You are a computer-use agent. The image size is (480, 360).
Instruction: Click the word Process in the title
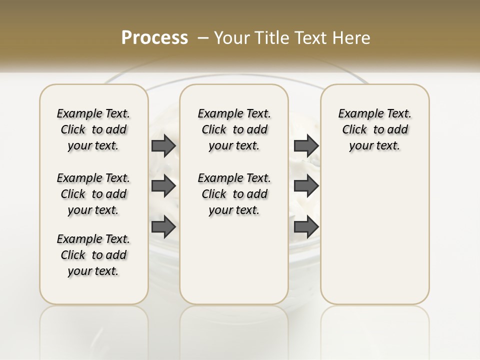click(x=154, y=37)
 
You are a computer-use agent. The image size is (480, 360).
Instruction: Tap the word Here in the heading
click(x=352, y=37)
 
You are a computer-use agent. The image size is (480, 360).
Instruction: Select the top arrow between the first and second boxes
click(x=163, y=145)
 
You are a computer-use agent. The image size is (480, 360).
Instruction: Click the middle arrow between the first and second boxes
click(x=163, y=186)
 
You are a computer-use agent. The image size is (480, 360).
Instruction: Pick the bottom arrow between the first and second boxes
click(x=163, y=227)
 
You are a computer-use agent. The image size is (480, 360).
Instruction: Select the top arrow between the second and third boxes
click(x=306, y=145)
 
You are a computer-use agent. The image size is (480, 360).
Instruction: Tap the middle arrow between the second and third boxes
click(x=306, y=186)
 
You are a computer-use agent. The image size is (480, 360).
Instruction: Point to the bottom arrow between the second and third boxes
click(x=306, y=227)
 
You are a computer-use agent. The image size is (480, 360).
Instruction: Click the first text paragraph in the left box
click(x=93, y=129)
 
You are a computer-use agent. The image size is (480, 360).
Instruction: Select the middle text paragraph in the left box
click(x=93, y=194)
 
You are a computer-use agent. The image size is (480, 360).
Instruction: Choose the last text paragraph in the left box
click(x=93, y=255)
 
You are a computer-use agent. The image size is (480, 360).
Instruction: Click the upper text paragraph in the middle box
click(x=234, y=129)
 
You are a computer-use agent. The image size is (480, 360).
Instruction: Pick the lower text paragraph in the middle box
click(x=234, y=194)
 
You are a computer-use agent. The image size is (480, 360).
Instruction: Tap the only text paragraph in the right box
click(x=374, y=129)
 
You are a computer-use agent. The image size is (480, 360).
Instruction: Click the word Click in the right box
click(x=354, y=130)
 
